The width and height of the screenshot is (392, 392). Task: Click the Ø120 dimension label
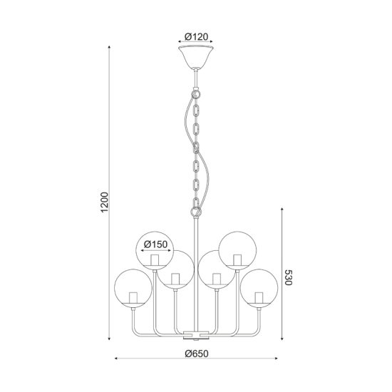pyautogui.click(x=196, y=37)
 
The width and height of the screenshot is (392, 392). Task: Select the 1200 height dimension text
pyautogui.click(x=105, y=202)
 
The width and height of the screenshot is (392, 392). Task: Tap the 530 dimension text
pyautogui.click(x=288, y=277)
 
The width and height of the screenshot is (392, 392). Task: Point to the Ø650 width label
pyautogui.click(x=197, y=354)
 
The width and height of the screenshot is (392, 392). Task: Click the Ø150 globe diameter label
pyautogui.click(x=156, y=244)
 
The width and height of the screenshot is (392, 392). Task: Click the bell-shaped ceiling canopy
pyautogui.click(x=196, y=57)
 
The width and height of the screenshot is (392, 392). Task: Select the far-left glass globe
pyautogui.click(x=133, y=288)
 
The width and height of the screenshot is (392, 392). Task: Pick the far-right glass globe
pyautogui.click(x=259, y=288)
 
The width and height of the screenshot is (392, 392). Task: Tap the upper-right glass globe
pyautogui.click(x=237, y=250)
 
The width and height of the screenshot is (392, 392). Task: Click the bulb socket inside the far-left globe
pyautogui.click(x=133, y=297)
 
